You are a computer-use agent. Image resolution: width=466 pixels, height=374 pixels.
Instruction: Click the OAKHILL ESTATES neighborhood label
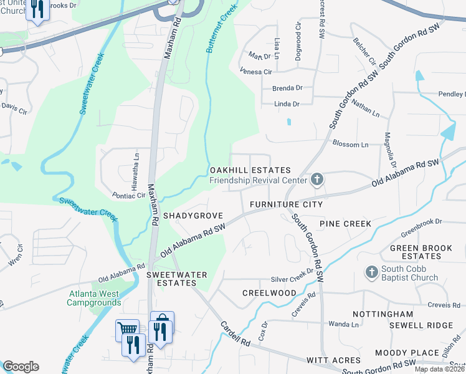pos(250,170)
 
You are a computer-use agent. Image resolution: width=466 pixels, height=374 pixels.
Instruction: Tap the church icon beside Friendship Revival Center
pos(316,181)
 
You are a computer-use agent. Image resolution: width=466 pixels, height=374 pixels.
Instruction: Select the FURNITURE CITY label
pos(286,204)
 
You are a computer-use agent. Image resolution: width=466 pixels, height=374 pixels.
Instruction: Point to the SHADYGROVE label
pos(193,215)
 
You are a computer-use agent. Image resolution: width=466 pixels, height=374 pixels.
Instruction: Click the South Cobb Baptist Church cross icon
pos(371,272)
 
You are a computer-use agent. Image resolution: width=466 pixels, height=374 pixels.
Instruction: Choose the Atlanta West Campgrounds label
pos(94,298)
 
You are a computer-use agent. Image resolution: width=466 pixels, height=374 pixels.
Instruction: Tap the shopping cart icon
pos(127,329)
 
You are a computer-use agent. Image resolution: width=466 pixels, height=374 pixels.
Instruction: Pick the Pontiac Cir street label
pos(128,195)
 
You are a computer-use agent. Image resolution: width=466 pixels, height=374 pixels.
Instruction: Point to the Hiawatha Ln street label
pos(135,166)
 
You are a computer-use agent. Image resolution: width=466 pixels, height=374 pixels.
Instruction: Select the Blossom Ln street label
pos(351,145)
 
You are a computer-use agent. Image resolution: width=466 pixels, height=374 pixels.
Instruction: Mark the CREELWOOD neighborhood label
pos(269,293)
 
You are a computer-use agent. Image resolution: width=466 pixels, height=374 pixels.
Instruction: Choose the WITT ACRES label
pos(333,360)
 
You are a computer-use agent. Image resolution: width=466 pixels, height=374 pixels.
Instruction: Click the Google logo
pos(20,367)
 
